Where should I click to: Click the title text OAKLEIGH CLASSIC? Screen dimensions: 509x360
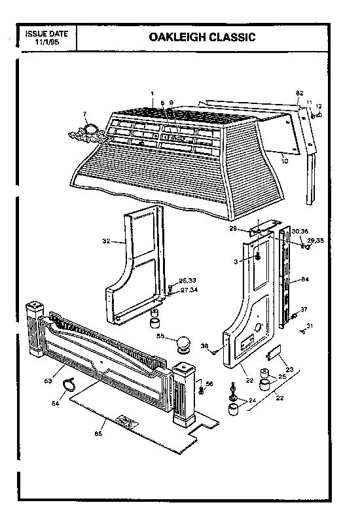click(x=202, y=37)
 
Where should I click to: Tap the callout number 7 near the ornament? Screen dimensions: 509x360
click(x=84, y=115)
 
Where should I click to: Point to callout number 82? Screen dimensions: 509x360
click(x=300, y=93)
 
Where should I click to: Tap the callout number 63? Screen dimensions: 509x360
click(x=48, y=379)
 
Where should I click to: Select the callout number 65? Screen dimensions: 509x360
click(x=99, y=432)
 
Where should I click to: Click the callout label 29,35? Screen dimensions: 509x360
click(x=315, y=241)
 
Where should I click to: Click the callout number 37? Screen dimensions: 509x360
click(x=303, y=309)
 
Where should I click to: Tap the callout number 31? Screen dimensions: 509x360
click(x=310, y=326)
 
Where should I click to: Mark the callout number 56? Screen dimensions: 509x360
click(x=209, y=383)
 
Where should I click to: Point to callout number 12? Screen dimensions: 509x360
click(x=319, y=106)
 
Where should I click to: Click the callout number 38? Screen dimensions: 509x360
click(x=204, y=346)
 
